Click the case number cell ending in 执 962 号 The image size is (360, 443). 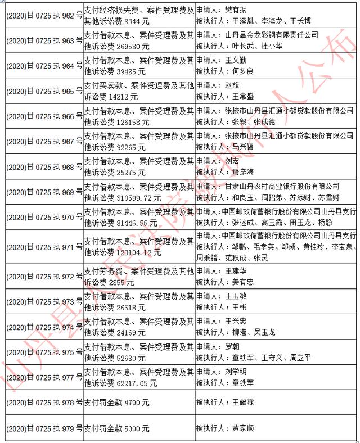[x=44, y=16]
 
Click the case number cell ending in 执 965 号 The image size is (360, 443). [x=44, y=92]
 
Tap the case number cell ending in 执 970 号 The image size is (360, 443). [x=44, y=217]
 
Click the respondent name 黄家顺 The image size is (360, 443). [x=243, y=428]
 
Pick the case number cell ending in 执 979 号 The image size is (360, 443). [x=44, y=428]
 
